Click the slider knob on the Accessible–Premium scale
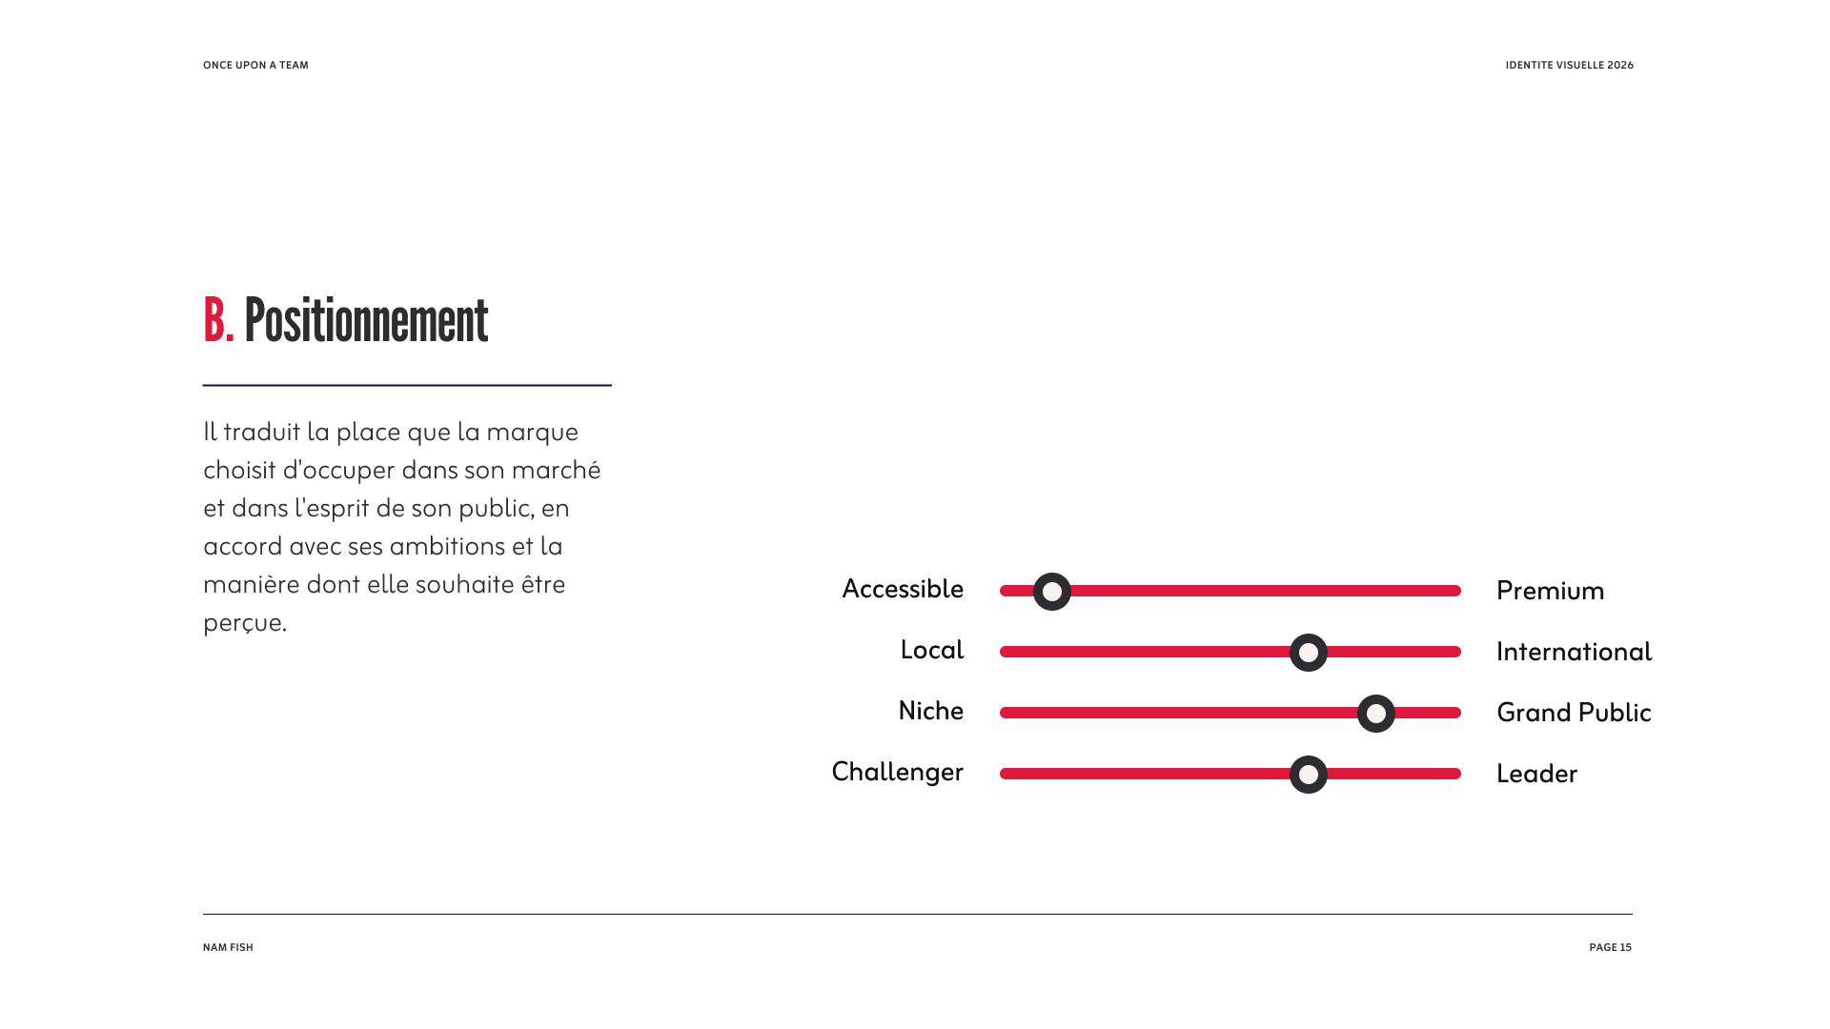(x=1052, y=592)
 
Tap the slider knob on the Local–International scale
(x=1309, y=653)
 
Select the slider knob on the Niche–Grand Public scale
(x=1376, y=714)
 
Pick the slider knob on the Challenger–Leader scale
(x=1309, y=775)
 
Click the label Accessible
(x=903, y=589)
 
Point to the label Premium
(x=1551, y=591)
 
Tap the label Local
(x=932, y=650)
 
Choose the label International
(x=1575, y=652)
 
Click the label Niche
(x=931, y=711)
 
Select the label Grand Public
(x=1574, y=713)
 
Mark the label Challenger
(x=898, y=772)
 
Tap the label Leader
(x=1537, y=774)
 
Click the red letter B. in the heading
(x=218, y=320)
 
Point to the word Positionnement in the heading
(x=366, y=320)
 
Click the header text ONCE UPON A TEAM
(x=255, y=66)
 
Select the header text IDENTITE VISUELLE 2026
(x=1570, y=66)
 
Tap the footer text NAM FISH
(x=228, y=948)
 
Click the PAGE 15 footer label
(x=1611, y=948)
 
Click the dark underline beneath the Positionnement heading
(x=407, y=385)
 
